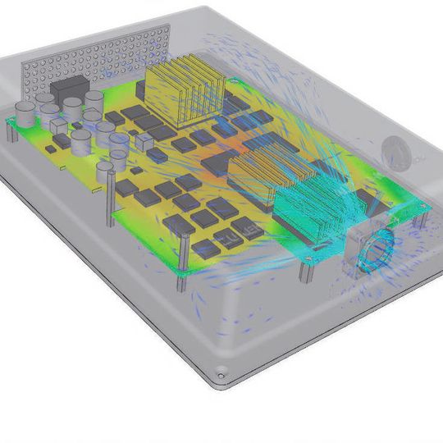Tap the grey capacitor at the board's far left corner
(x=25, y=115)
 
